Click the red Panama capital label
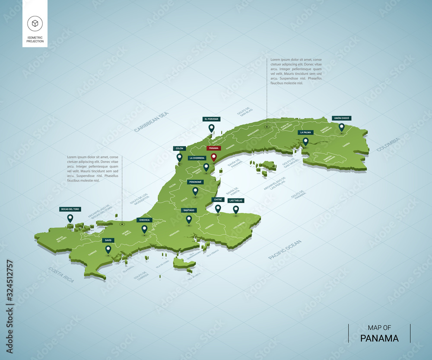214,148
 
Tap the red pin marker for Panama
213,157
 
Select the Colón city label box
179,148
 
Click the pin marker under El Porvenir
211,128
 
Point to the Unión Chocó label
341,118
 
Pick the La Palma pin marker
305,141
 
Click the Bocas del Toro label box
70,209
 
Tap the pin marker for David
108,249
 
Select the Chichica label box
144,220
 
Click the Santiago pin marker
189,220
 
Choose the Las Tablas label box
236,201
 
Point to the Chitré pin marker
218,209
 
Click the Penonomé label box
195,182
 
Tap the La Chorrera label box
197,158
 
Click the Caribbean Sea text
151,121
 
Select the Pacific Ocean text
285,250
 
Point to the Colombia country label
388,144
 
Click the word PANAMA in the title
379,338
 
